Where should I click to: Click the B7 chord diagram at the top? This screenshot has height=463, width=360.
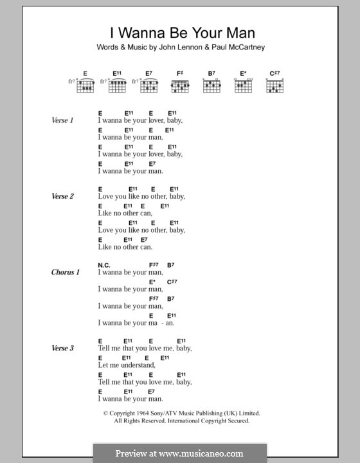click(212, 86)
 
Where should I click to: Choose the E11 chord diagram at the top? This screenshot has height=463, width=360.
click(118, 86)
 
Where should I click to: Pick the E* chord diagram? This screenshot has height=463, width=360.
click(243, 86)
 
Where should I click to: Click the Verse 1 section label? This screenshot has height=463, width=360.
click(63, 121)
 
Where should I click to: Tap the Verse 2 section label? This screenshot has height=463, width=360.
click(63, 196)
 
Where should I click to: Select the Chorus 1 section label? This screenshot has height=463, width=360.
click(66, 272)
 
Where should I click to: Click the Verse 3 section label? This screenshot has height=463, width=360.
click(63, 348)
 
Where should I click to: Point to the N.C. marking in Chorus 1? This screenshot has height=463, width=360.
click(105, 264)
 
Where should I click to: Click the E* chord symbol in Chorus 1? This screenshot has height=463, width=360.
click(152, 282)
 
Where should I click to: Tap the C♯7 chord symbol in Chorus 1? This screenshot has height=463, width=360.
click(172, 282)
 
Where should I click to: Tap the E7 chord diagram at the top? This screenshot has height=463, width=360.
click(149, 86)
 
